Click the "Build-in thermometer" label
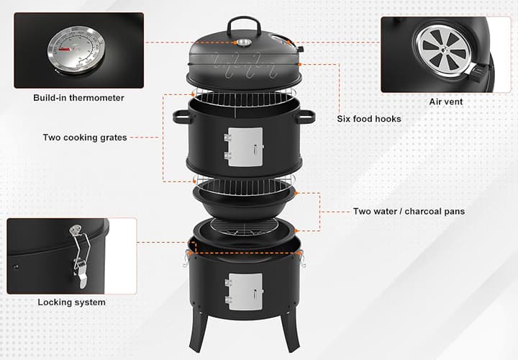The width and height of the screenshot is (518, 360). click(x=78, y=97)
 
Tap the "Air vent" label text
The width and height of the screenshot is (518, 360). click(x=446, y=102)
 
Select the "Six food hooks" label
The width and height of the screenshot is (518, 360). click(x=369, y=119)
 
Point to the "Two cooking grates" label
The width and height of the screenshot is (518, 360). click(x=85, y=138)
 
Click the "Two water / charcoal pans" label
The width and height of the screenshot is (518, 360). click(x=409, y=212)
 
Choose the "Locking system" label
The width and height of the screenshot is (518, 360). click(x=71, y=302)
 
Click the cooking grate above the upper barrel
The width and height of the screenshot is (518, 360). click(x=245, y=96)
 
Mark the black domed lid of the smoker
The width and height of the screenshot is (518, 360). click(x=216, y=54)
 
